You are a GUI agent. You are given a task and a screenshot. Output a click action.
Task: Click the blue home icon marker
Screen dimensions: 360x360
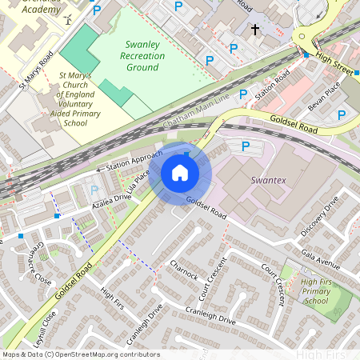[180, 173]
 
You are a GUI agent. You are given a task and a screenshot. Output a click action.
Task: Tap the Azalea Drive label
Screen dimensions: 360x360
[110, 196]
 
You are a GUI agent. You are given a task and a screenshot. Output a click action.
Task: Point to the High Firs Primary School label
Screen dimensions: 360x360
[316, 290]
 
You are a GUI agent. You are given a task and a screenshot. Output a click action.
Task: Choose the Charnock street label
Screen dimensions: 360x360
[183, 270]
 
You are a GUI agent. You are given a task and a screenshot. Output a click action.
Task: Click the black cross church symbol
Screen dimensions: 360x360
[255, 30]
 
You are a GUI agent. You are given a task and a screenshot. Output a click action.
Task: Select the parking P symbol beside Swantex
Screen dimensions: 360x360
[246, 146]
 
